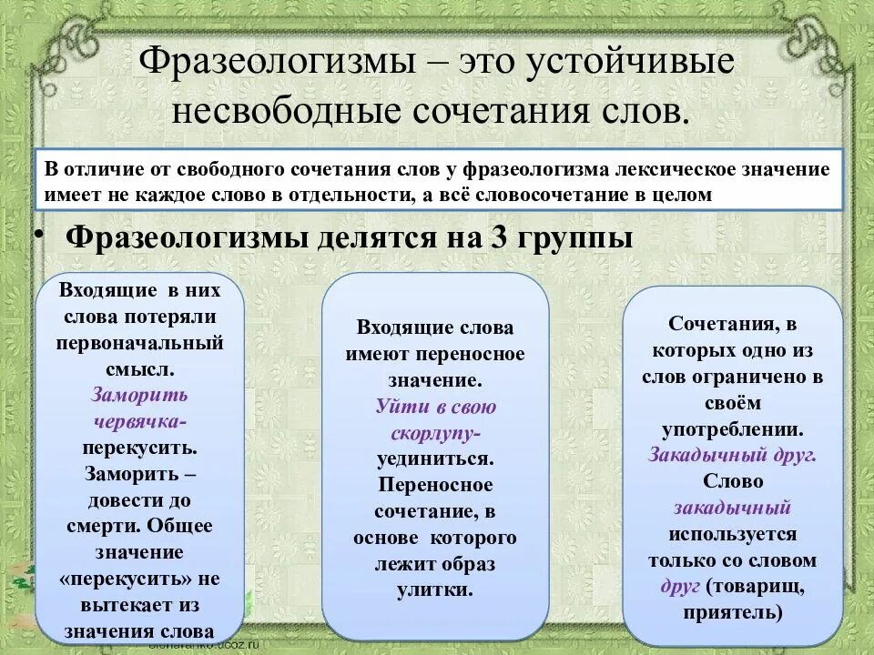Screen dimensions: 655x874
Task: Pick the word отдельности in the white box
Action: pos(342,195)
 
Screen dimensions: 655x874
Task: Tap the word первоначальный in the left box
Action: pos(139,343)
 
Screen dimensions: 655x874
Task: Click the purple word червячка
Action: pos(139,422)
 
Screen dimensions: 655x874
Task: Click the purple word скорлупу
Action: pos(435,432)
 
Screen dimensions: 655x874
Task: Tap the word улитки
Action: pos(435,589)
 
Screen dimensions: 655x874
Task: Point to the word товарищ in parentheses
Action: pos(754,586)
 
